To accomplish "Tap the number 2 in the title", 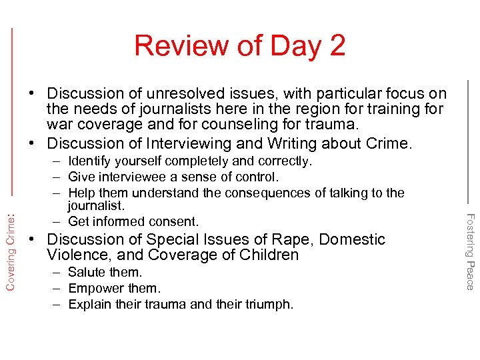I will (336, 45).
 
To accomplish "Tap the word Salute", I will (87, 272).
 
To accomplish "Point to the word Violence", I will (77, 255).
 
